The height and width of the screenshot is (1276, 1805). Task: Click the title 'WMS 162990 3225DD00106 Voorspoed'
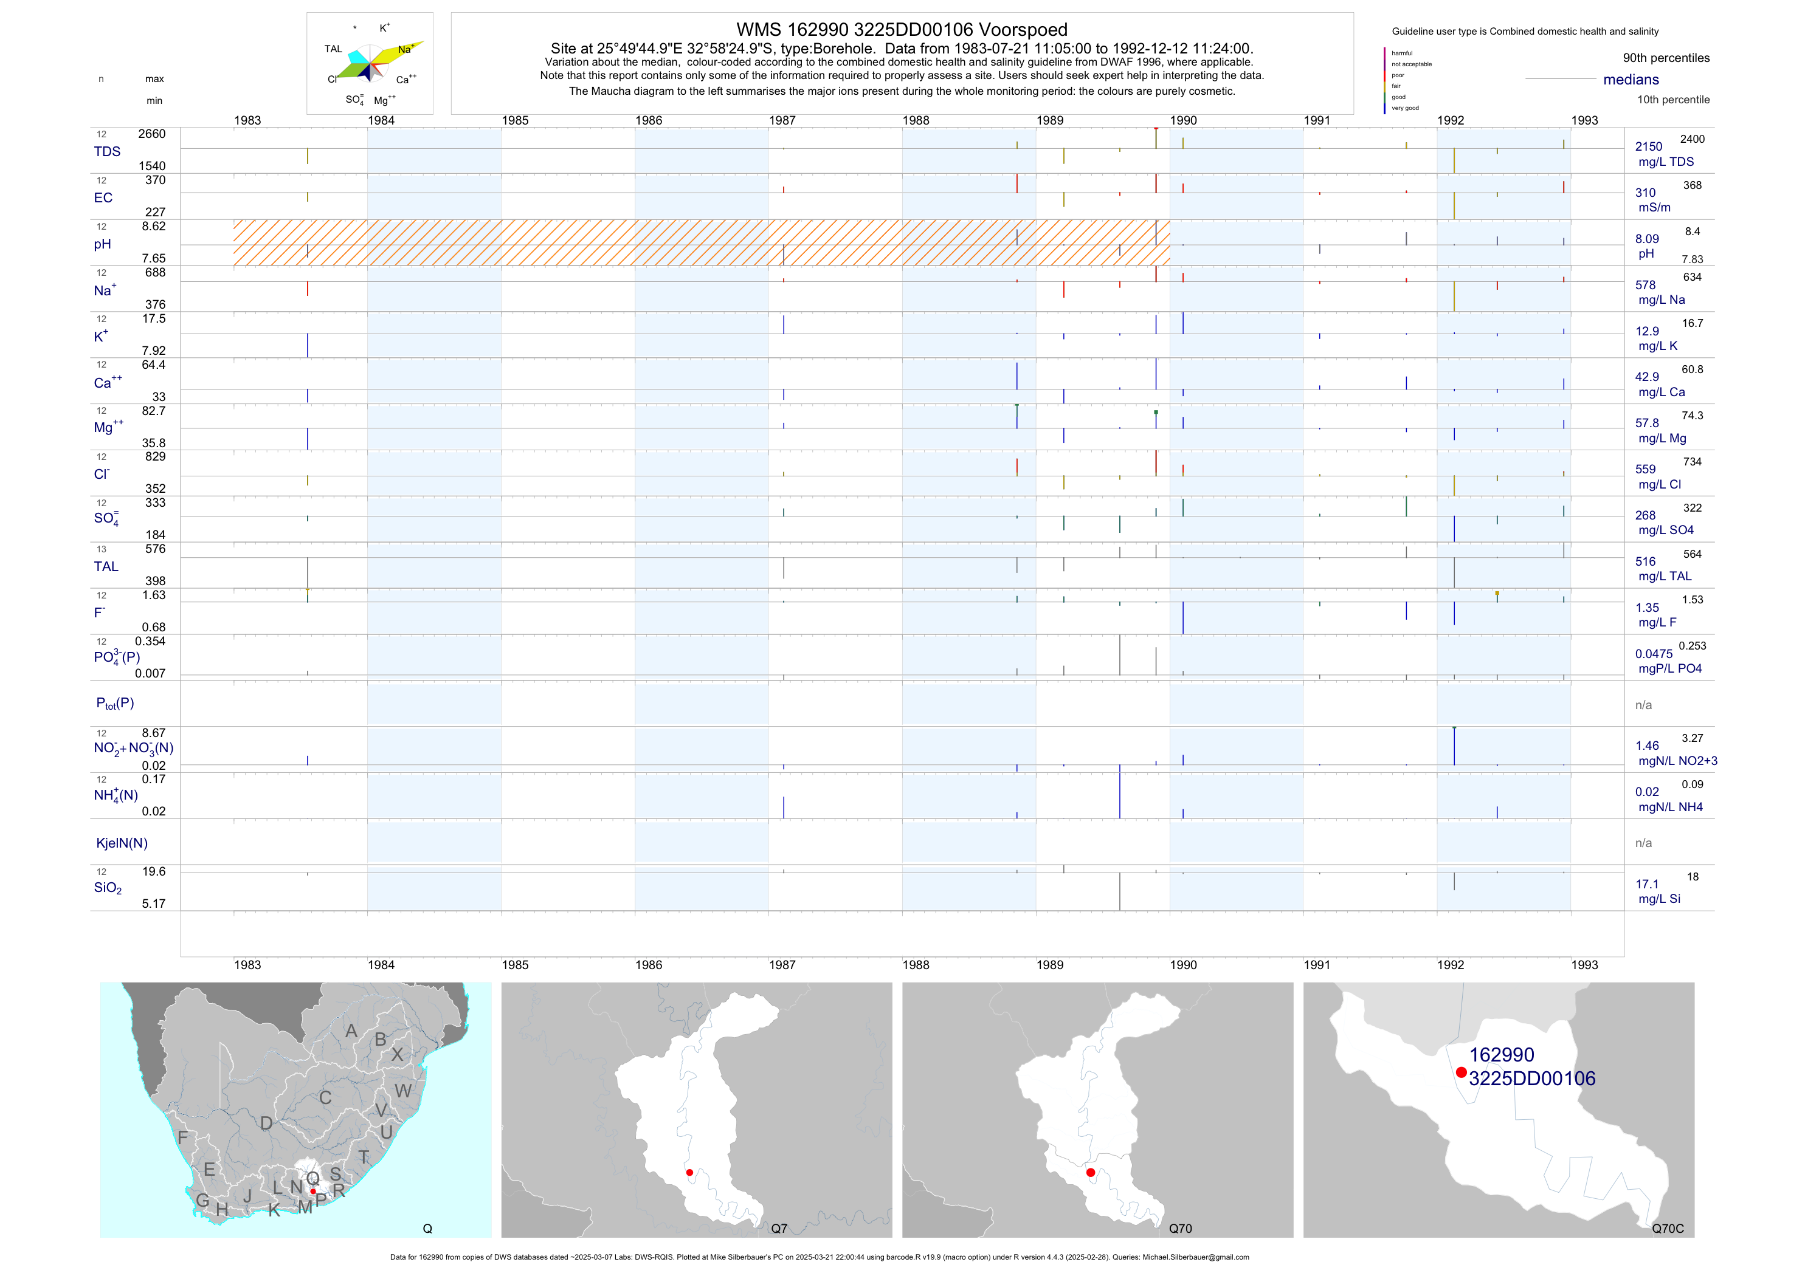[x=901, y=30]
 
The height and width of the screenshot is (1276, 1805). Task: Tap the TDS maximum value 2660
[x=152, y=134]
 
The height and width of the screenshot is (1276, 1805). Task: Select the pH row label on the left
[x=102, y=244]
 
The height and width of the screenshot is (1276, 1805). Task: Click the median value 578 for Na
[x=1645, y=285]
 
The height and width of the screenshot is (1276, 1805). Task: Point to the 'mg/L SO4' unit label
[x=1665, y=530]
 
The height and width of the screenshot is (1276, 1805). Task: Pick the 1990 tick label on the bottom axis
[x=1183, y=965]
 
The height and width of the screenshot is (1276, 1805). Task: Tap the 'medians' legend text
[x=1631, y=80]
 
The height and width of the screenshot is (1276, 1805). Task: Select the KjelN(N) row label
[x=122, y=843]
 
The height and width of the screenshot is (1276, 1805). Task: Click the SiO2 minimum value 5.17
[x=153, y=904]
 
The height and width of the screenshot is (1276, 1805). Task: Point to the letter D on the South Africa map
[x=266, y=1123]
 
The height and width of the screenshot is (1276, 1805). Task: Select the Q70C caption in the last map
[x=1668, y=1229]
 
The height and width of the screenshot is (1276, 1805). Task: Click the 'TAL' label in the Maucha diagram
[x=333, y=49]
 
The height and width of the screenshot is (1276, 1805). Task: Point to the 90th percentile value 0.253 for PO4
[x=1692, y=646]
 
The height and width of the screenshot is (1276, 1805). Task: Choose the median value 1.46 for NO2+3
[x=1646, y=746]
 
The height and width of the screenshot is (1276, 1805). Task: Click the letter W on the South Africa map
[x=402, y=1091]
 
